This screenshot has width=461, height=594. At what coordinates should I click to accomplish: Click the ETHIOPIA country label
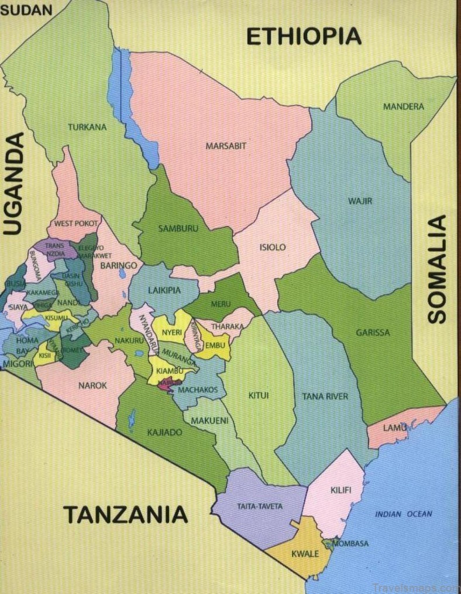click(303, 36)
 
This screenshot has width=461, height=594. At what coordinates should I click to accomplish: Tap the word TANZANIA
click(125, 515)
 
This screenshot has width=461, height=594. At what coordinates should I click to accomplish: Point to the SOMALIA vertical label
click(437, 269)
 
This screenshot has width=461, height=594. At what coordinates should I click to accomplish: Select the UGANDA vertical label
click(14, 183)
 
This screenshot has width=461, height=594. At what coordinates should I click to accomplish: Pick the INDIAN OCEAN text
click(403, 514)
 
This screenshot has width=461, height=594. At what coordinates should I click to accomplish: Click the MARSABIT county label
click(225, 145)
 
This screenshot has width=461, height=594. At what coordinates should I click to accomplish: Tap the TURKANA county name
click(87, 127)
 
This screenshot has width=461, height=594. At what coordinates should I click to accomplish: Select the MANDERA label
click(403, 106)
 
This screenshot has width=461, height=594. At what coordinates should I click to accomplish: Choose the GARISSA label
click(372, 333)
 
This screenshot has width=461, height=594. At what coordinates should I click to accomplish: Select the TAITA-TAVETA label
click(260, 506)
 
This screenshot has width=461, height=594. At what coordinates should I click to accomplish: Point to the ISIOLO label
click(272, 247)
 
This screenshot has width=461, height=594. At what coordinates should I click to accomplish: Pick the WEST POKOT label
click(77, 223)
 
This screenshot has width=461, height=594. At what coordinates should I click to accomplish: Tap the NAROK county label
click(92, 385)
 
